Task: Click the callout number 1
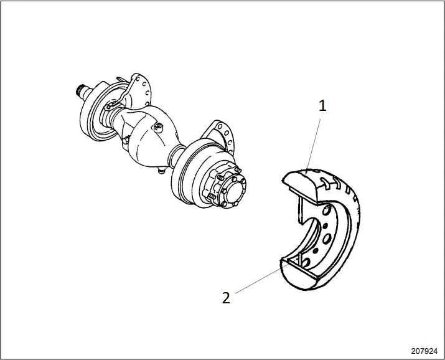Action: click(x=322, y=105)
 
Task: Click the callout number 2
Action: click(x=226, y=297)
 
